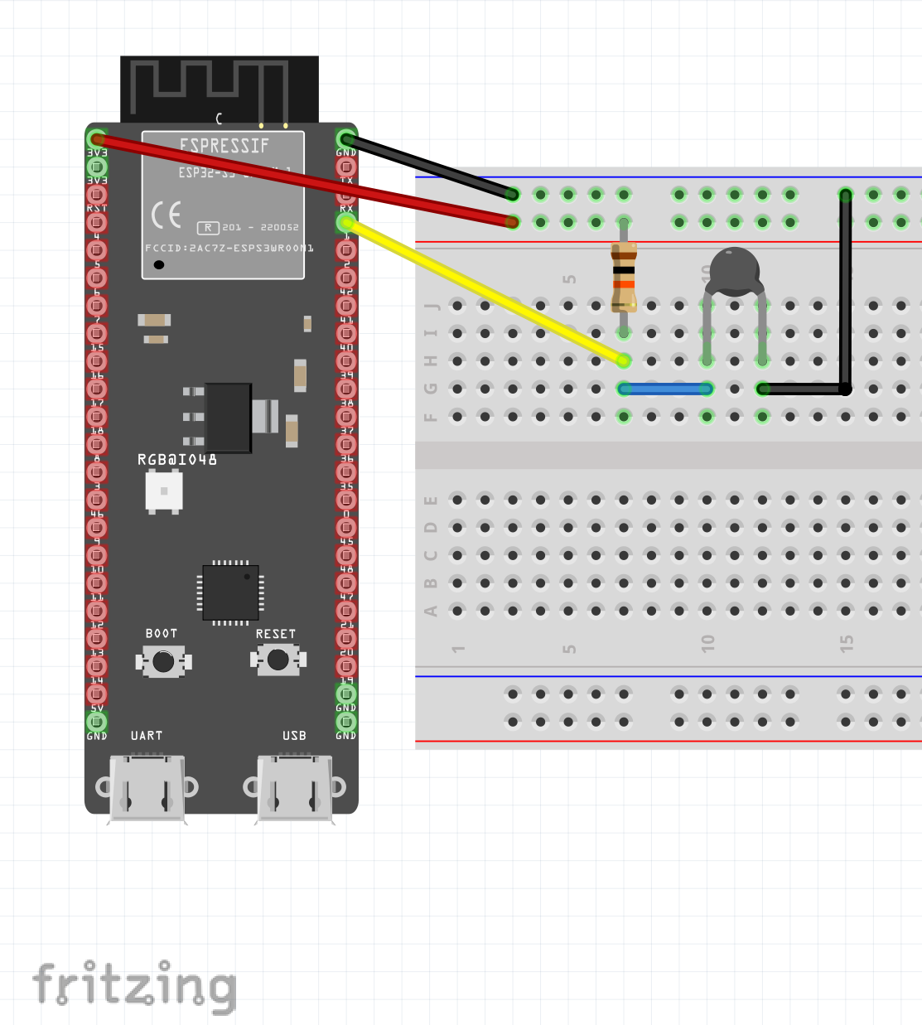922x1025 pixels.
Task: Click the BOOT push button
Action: coord(163,661)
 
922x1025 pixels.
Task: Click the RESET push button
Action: coord(278,660)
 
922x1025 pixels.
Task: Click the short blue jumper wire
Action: coord(665,389)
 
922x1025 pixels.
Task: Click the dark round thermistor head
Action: coord(733,269)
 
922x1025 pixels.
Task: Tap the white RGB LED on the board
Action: coord(164,491)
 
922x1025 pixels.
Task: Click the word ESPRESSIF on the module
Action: coord(224,146)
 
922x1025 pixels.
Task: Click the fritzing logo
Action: coord(135,986)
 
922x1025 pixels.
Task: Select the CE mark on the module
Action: coord(166,215)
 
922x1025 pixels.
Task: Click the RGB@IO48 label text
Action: coord(177,459)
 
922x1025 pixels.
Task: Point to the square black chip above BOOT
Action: coord(230,592)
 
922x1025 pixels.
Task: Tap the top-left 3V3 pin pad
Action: coord(97,138)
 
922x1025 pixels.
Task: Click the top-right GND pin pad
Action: coord(346,138)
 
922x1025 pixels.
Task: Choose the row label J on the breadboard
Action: coord(431,306)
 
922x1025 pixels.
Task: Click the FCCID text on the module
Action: coord(229,248)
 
